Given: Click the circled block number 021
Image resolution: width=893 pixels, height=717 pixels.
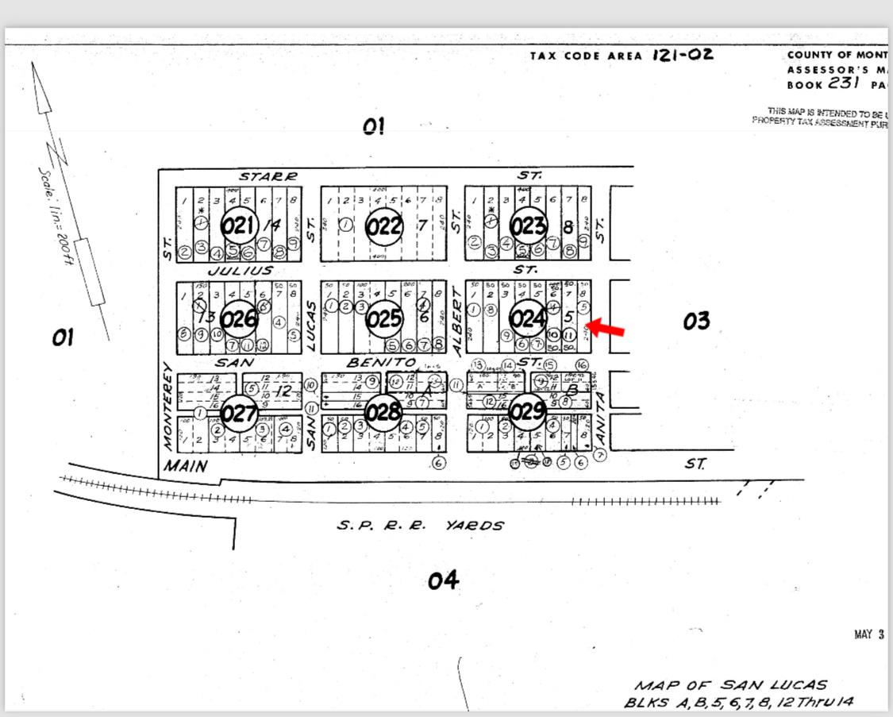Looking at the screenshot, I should (x=238, y=226).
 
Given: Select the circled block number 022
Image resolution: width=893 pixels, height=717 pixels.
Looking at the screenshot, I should (x=383, y=226).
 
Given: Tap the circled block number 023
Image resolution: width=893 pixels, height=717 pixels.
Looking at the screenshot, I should (x=527, y=226).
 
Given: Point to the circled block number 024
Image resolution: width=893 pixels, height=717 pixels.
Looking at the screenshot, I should (x=527, y=318).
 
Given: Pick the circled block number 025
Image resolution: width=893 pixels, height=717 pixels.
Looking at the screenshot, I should (x=384, y=319).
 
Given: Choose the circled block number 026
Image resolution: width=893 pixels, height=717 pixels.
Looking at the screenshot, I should (x=239, y=319).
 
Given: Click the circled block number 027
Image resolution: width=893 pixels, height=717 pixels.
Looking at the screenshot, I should (x=238, y=413).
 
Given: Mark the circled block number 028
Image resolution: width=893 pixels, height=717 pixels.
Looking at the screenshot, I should (x=384, y=413).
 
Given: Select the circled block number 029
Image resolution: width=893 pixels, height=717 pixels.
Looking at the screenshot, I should (x=526, y=411).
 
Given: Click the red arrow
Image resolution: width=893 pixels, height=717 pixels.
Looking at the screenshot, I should (x=607, y=328).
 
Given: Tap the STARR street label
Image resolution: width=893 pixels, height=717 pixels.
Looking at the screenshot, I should (x=268, y=175).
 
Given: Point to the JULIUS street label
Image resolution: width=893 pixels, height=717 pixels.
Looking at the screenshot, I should (x=246, y=270).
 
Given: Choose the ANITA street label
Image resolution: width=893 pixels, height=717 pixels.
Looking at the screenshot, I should (x=600, y=417).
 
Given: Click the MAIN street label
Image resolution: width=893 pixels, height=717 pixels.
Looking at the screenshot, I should (x=185, y=465).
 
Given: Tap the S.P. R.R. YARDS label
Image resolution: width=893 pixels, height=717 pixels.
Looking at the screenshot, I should (x=420, y=525).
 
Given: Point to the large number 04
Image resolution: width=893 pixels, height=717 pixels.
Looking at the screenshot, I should (x=443, y=581).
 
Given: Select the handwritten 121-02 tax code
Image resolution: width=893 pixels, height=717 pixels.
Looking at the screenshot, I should (x=683, y=55).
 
